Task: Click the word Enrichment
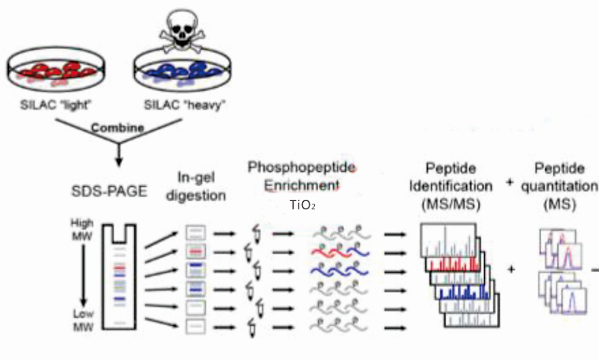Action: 302,185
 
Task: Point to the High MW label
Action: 80,228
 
